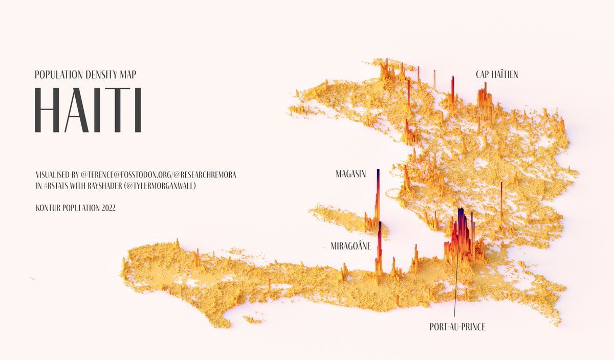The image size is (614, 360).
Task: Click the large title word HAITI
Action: tap(87, 110)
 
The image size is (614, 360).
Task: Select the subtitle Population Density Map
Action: tap(85, 75)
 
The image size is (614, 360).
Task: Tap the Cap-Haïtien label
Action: tap(496, 75)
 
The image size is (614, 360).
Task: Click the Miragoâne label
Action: tap(350, 246)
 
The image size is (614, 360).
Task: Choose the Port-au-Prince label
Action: tap(457, 326)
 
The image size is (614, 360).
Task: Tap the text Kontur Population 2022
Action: tap(75, 208)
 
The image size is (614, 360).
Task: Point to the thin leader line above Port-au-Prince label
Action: tap(455, 286)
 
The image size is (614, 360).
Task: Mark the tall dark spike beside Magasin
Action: tap(378, 194)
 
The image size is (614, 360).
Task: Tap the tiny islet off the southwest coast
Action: tap(252, 320)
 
